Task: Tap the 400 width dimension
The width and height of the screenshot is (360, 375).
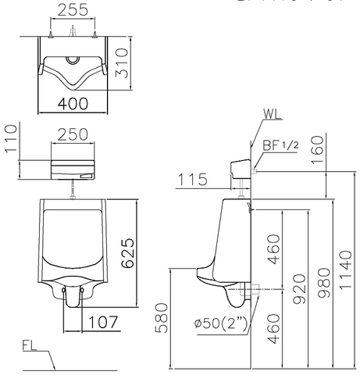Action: tap(72, 102)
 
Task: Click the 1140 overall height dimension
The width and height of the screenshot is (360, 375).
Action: tap(346, 270)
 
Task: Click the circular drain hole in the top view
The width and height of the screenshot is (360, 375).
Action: tap(72, 59)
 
